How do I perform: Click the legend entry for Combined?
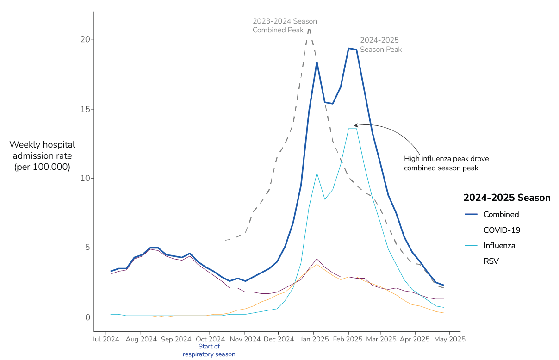click(x=501, y=215)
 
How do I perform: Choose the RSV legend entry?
click(x=491, y=261)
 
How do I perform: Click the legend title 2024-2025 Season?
click(x=507, y=198)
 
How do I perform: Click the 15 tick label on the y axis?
click(x=86, y=109)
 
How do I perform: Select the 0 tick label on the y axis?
click(x=87, y=317)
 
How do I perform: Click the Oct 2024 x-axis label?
click(x=209, y=339)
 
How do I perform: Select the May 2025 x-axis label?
click(x=449, y=339)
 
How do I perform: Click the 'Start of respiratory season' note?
click(x=209, y=350)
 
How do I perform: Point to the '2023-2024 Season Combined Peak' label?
click(x=285, y=26)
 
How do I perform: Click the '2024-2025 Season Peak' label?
click(x=381, y=45)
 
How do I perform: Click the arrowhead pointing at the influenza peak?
click(x=355, y=125)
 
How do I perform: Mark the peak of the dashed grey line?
click(x=309, y=28)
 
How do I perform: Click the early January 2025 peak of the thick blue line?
click(x=317, y=62)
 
